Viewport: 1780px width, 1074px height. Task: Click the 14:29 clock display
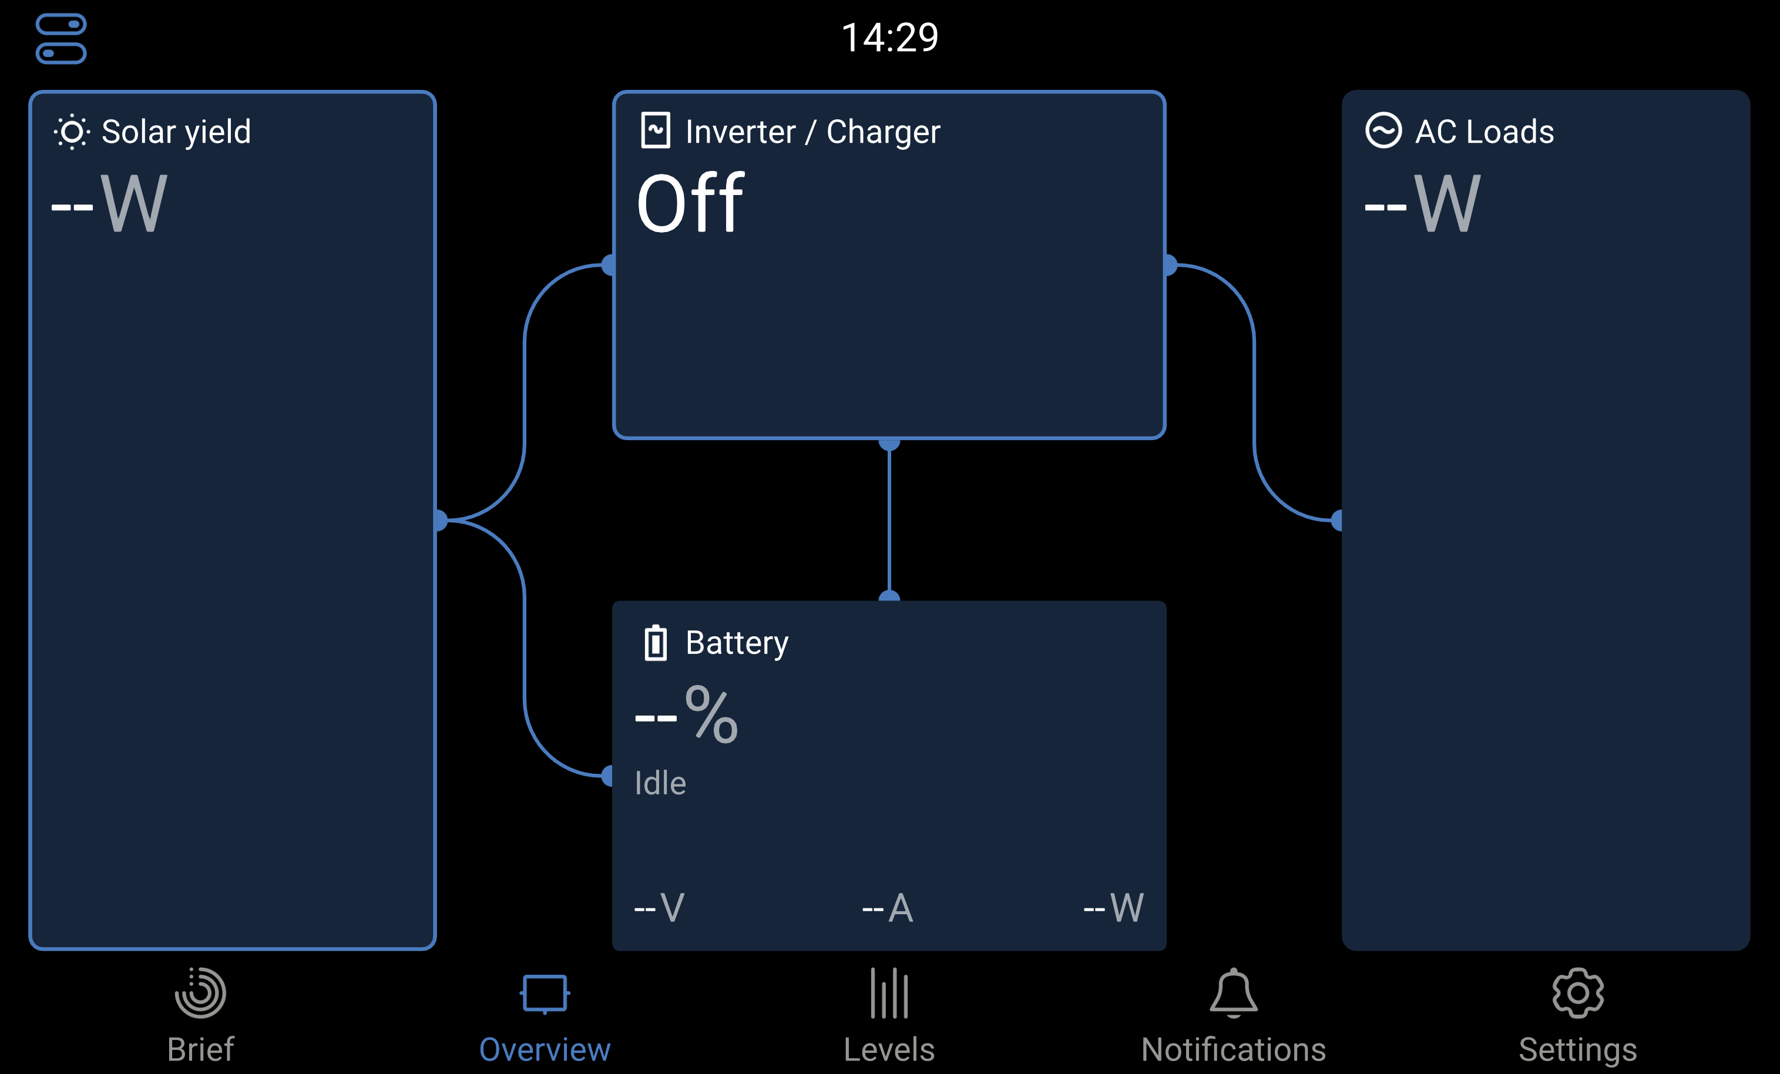point(889,38)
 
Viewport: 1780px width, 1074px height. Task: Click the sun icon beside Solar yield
point(72,132)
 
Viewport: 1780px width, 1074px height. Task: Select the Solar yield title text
point(176,132)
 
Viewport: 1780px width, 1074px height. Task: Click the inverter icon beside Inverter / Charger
point(655,131)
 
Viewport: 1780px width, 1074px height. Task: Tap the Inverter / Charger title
point(812,132)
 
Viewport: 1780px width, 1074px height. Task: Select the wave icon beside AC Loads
point(1383,131)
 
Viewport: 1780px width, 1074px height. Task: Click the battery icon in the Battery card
point(655,643)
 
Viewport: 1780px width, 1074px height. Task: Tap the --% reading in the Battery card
point(686,715)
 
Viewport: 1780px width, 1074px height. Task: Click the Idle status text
point(660,783)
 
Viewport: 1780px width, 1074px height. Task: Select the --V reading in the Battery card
point(659,908)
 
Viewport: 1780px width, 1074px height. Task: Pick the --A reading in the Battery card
point(888,908)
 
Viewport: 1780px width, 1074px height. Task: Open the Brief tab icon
point(200,993)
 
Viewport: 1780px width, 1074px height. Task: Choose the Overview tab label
point(545,1049)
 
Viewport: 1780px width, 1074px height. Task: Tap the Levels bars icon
point(889,993)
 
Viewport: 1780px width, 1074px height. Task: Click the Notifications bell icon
point(1233,993)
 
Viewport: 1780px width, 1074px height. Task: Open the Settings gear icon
point(1578,993)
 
